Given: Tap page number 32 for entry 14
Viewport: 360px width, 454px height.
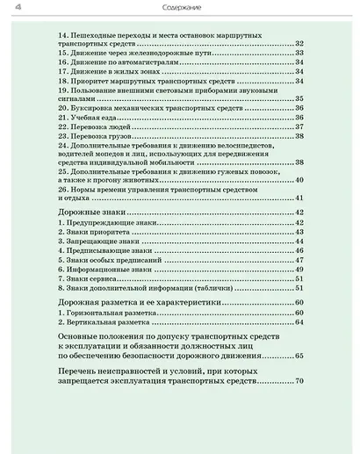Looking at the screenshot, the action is tap(299, 43).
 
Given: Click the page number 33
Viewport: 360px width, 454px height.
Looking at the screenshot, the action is tap(299, 52).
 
